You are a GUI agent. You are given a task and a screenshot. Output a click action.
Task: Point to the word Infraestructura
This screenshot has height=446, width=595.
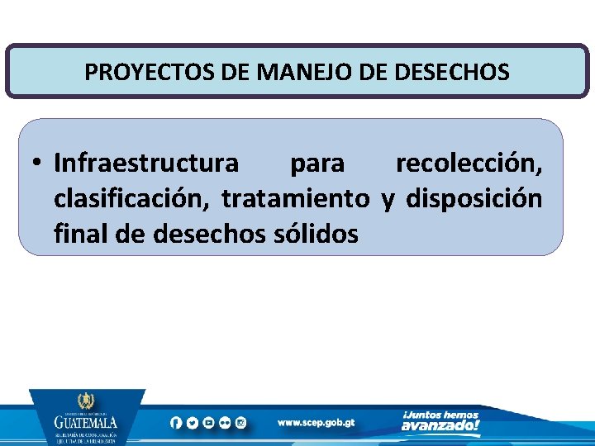coord(146,164)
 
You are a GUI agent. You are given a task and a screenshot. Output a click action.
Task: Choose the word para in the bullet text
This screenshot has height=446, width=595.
coord(317,164)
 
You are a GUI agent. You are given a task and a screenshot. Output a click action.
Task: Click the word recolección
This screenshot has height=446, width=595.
coord(469,164)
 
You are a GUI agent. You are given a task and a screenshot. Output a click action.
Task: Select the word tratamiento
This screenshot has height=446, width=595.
coord(295,199)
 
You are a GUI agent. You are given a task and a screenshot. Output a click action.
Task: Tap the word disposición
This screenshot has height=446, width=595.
coord(474,199)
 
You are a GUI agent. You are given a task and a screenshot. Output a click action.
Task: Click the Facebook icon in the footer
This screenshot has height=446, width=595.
coord(176,422)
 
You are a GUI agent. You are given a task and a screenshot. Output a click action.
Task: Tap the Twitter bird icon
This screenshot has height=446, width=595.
coord(192,422)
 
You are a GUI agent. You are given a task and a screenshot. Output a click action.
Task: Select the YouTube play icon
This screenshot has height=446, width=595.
coord(208,422)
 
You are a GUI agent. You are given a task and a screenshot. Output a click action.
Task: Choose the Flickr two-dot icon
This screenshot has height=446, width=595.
coord(225,422)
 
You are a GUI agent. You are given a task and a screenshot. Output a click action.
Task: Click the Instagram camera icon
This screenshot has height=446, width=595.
coord(241,422)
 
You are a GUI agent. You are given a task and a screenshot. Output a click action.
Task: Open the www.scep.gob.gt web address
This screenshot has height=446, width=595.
coord(316,422)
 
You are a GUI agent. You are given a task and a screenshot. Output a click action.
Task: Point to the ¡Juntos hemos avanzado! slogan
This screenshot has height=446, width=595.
coord(440,421)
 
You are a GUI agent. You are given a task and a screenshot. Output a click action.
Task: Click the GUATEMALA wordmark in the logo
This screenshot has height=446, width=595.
coord(86,420)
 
